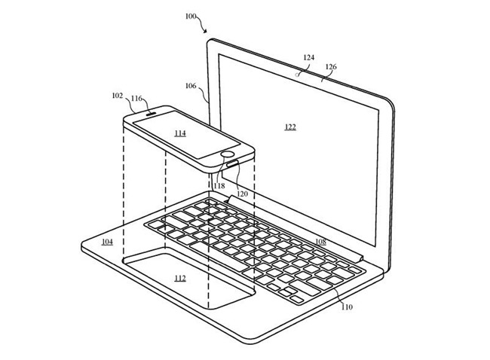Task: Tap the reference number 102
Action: point(117,96)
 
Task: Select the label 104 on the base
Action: point(107,242)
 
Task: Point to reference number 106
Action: point(191,85)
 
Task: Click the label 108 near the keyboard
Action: point(320,242)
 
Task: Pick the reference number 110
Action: point(346,307)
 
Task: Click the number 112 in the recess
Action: point(179,278)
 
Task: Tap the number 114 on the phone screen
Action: point(179,133)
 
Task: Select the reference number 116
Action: point(136,99)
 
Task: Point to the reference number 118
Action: point(219,185)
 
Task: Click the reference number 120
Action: point(240,194)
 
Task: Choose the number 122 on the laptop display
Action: point(290,127)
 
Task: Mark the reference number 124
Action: point(308,57)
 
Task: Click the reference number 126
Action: point(330,66)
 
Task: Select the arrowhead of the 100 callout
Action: point(206,32)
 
